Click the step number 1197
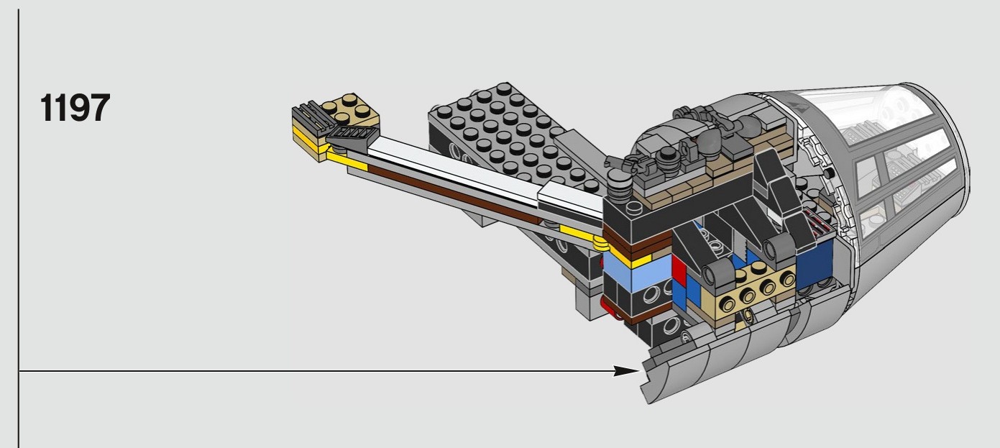(75, 108)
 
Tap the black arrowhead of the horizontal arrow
(627, 371)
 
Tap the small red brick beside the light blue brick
(679, 267)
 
